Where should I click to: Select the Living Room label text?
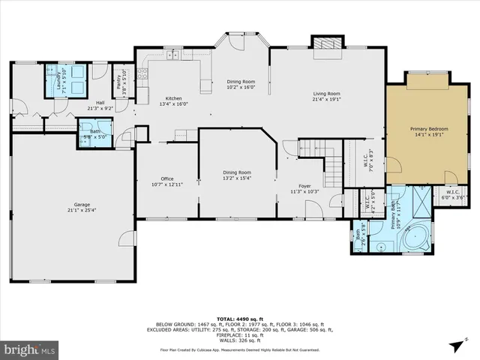pos(327,94)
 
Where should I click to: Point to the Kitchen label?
pos(173,98)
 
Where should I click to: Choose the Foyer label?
pos(304,186)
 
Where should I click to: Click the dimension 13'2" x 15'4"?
pos(237,178)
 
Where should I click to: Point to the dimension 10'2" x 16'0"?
pos(241,87)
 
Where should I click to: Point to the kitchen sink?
pos(173,53)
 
